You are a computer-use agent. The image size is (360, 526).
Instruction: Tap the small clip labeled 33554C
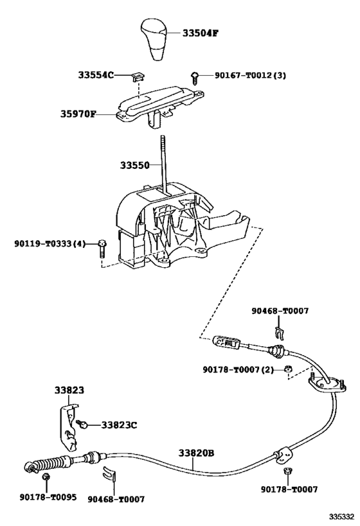pos(135,76)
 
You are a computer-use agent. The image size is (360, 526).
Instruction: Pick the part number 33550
pos(134,166)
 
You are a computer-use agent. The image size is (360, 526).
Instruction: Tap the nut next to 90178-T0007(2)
pos(289,369)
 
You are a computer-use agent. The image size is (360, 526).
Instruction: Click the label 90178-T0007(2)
pos(239,369)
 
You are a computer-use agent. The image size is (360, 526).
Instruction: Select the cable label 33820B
pos(196,453)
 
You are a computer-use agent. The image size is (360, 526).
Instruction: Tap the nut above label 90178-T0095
pos(46,478)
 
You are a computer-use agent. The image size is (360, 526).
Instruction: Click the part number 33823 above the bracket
pos(68,390)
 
